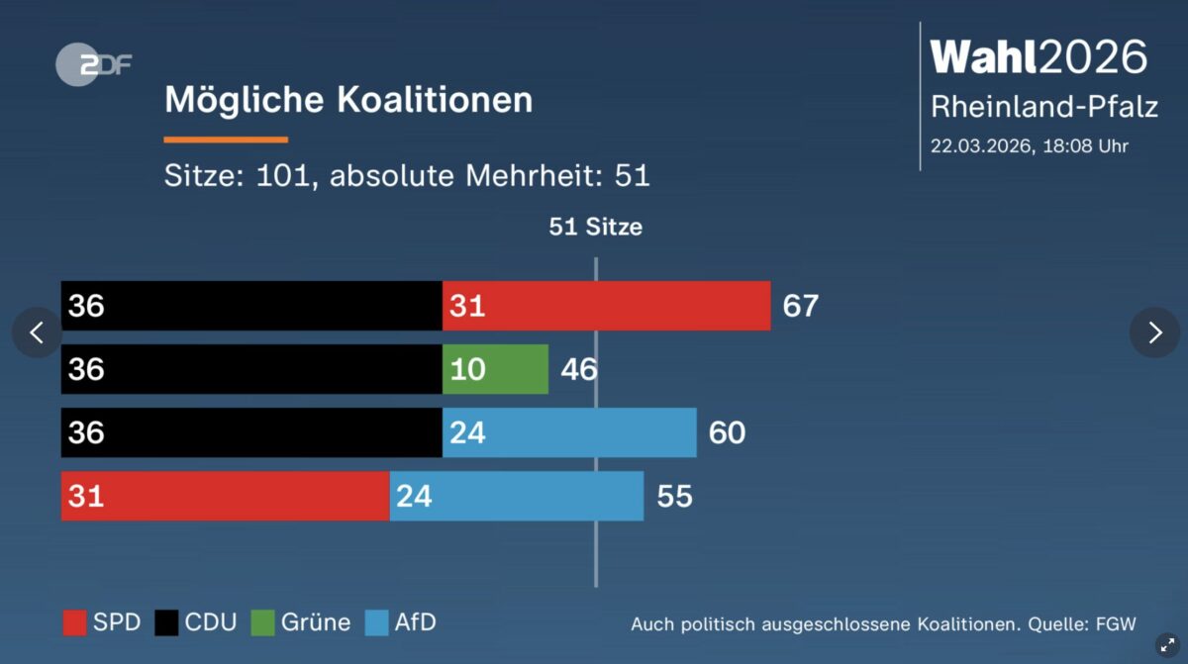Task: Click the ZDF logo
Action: tap(92, 65)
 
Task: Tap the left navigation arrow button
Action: tap(37, 332)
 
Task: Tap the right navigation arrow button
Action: tap(1154, 332)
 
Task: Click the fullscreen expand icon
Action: tap(1167, 643)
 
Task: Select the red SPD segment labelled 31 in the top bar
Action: tap(606, 306)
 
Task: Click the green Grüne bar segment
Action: tap(495, 369)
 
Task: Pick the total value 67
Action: tap(800, 306)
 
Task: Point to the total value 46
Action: tap(578, 369)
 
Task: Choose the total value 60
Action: tap(727, 432)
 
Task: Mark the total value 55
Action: tap(674, 496)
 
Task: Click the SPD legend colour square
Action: tap(74, 622)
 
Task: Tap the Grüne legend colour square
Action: tap(262, 622)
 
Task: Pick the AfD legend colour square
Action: tap(376, 622)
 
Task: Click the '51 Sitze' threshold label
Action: tap(595, 227)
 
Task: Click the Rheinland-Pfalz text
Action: tap(1043, 107)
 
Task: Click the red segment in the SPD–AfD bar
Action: tap(225, 496)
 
